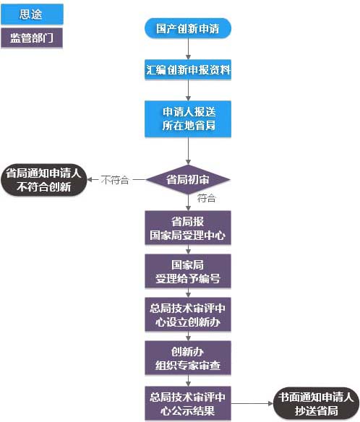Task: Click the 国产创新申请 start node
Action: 188,29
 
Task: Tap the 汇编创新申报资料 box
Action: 188,71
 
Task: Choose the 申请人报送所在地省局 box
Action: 188,119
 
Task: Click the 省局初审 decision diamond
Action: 188,179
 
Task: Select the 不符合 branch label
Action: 115,180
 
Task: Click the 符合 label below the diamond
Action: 206,198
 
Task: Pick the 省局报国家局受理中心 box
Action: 188,228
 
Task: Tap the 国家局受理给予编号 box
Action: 188,271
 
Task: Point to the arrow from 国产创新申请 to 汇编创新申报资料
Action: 188,50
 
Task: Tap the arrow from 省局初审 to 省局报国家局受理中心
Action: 188,203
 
